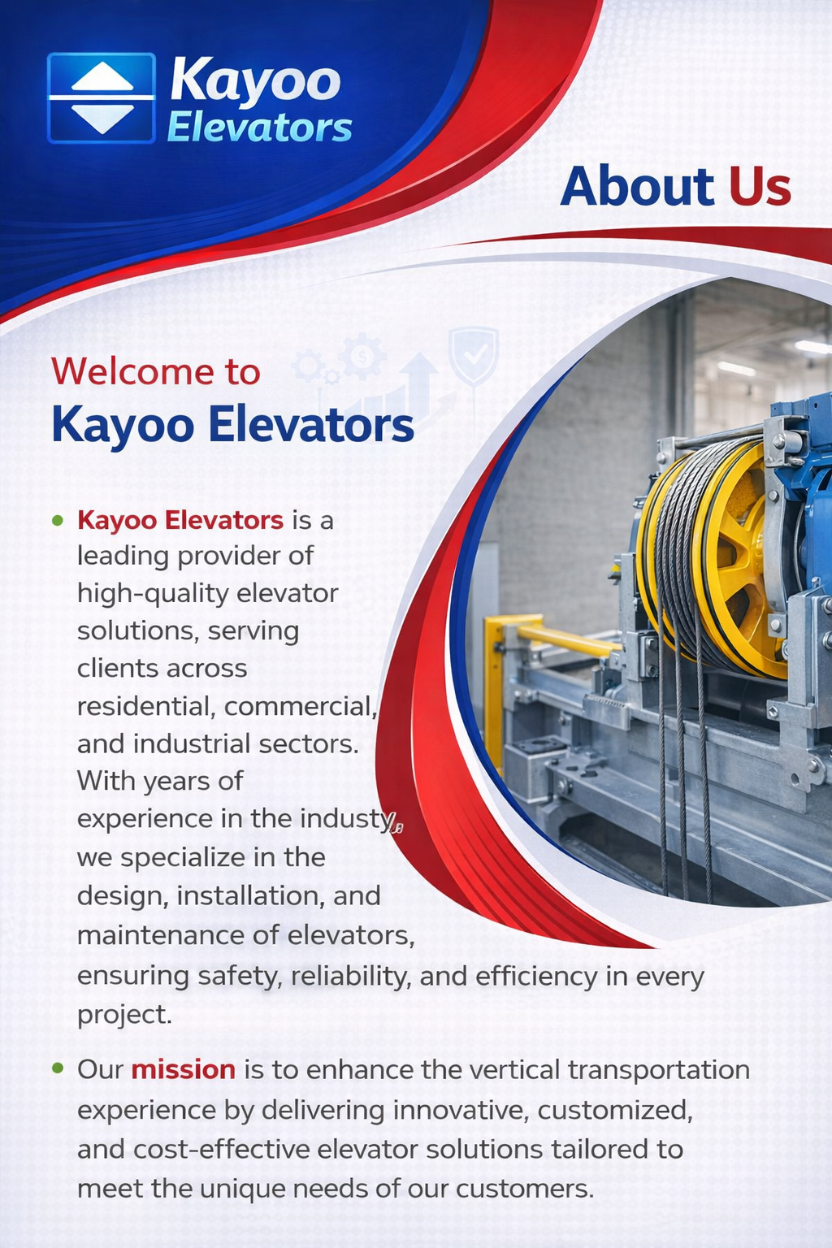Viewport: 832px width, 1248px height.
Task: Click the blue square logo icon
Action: [102, 98]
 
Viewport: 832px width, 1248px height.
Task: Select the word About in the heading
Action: [637, 186]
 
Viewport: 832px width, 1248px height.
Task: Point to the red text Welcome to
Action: [156, 371]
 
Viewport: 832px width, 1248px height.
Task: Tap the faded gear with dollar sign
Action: [362, 356]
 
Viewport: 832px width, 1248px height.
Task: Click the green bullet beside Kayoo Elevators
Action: [58, 520]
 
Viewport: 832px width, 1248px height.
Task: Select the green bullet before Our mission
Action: [58, 1068]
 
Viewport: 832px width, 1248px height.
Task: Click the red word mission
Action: [184, 1070]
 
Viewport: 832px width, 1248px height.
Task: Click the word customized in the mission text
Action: [615, 1111]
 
